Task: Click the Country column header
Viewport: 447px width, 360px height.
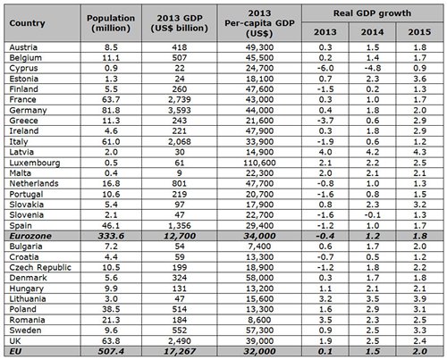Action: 27,23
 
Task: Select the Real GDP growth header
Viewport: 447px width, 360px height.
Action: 372,13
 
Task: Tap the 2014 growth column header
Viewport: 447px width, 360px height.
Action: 372,32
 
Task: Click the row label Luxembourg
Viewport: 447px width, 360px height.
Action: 35,163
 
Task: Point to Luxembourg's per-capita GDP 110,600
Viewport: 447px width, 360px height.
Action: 259,163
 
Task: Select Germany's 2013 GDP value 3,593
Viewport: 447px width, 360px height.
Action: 180,111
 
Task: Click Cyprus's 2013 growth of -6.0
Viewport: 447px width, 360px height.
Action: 325,68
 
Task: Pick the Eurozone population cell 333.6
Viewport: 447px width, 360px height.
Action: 111,236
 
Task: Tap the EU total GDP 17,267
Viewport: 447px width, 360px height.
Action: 180,351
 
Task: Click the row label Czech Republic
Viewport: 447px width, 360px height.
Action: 40,267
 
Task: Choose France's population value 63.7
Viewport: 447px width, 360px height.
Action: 111,100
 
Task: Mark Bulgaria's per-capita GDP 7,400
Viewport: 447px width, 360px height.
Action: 259,247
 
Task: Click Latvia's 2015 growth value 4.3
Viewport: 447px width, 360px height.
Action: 419,152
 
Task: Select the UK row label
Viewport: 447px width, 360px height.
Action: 15,341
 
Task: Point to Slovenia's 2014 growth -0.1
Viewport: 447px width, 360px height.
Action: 372,215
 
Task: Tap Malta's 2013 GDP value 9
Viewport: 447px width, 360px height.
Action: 180,173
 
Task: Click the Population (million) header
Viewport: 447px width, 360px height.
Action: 111,23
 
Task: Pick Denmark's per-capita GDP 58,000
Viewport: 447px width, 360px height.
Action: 259,278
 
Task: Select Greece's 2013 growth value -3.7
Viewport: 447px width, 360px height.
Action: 325,121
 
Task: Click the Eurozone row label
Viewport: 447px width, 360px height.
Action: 30,236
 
